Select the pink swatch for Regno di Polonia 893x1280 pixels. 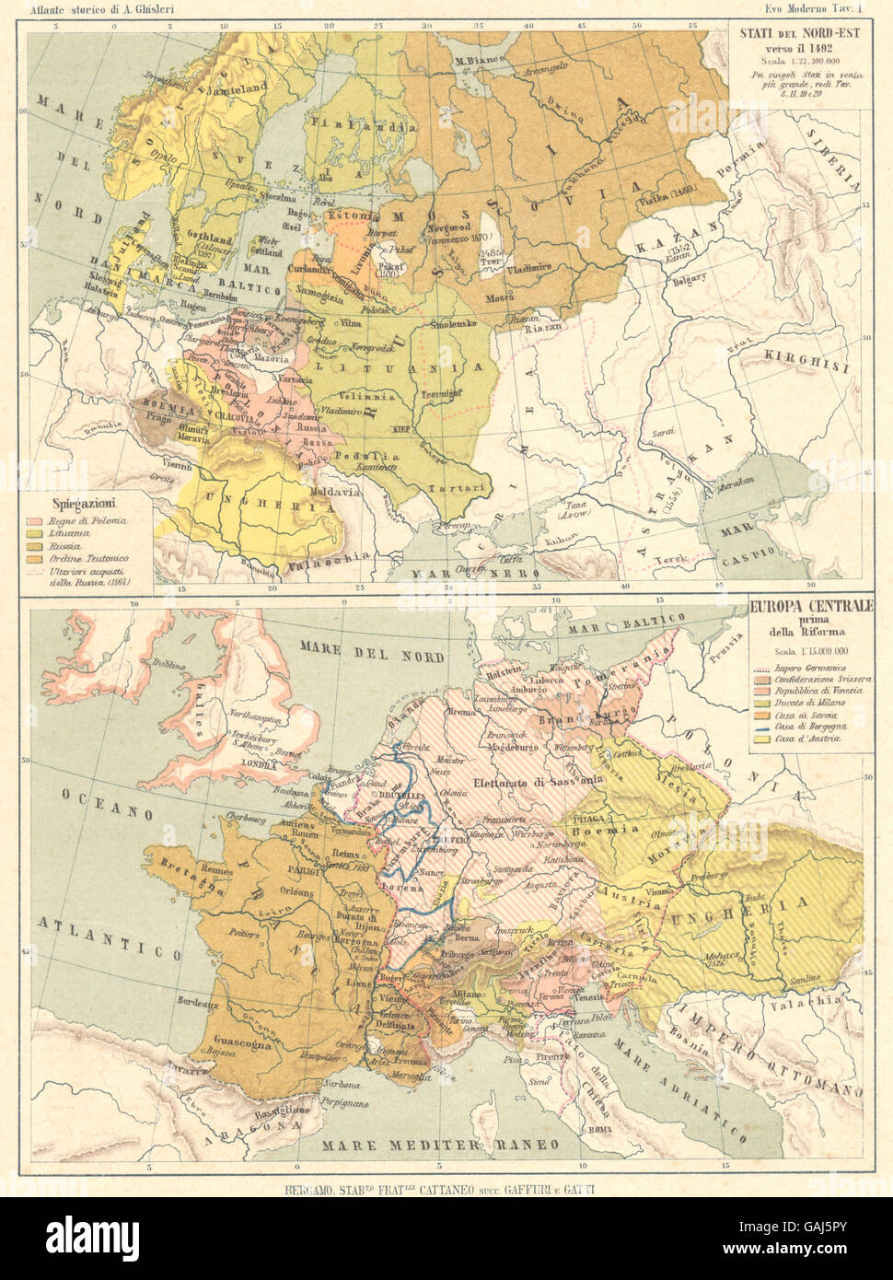coord(42,520)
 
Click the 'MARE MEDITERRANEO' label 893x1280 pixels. coord(441,1145)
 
